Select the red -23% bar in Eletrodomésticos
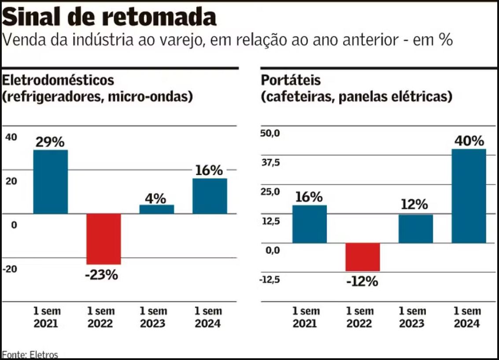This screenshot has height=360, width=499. [x=103, y=239]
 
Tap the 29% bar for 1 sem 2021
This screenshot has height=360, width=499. [x=51, y=181]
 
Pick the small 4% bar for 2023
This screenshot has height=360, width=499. [x=157, y=209]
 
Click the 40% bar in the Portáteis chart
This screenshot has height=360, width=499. [x=469, y=196]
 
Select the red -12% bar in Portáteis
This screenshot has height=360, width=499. [x=362, y=257]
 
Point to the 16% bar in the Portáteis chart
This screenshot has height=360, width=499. [x=310, y=224]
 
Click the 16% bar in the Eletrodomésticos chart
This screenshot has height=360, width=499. [x=210, y=196]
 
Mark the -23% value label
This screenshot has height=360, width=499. [x=103, y=275]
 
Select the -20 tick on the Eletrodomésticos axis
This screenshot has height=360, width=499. [x=11, y=269]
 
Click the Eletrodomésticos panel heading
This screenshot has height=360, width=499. [x=59, y=81]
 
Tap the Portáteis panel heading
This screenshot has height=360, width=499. [x=291, y=81]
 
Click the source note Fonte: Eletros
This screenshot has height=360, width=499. [x=30, y=354]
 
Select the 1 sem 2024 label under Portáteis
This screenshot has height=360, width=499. [x=467, y=317]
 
